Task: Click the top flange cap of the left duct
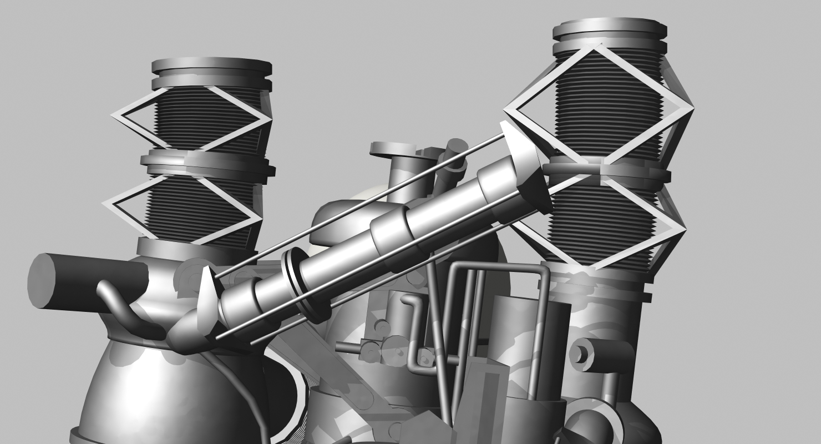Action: click(x=212, y=67)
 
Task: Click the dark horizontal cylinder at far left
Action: click(x=83, y=280)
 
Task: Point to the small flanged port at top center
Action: click(x=393, y=149)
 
